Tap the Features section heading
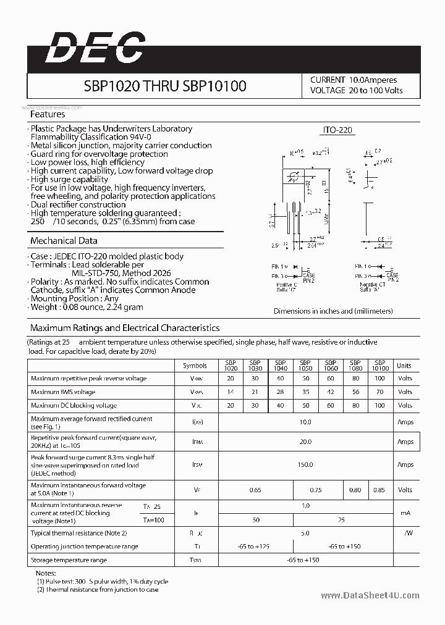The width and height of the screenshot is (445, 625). (x=48, y=114)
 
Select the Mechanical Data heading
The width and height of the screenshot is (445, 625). (x=64, y=241)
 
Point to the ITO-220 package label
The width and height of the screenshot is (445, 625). (x=338, y=130)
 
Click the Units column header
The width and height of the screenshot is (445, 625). (x=404, y=366)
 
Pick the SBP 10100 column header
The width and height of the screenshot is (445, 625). (x=380, y=366)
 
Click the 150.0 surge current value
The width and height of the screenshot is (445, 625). (x=305, y=465)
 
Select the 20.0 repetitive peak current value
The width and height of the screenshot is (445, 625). (x=305, y=442)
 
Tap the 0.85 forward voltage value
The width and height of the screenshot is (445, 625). (x=379, y=490)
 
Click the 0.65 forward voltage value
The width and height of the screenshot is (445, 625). (x=255, y=490)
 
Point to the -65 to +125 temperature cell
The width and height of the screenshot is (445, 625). (x=255, y=547)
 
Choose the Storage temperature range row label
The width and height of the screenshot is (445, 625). (x=69, y=560)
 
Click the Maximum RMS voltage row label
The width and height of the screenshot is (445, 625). (x=63, y=392)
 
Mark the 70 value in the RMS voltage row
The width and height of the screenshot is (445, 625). (x=379, y=392)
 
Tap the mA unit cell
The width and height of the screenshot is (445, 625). (x=405, y=513)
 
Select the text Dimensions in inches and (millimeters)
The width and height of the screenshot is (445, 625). (x=333, y=311)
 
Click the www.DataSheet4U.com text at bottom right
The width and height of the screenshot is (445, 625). (x=370, y=595)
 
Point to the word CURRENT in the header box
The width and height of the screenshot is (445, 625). (x=328, y=80)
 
